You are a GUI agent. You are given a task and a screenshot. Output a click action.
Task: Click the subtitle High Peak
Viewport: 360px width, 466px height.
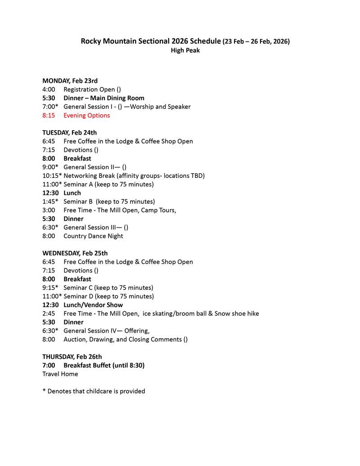[x=185, y=50]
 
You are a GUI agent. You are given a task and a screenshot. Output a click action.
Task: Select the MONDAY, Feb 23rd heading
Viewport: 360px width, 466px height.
[x=70, y=81]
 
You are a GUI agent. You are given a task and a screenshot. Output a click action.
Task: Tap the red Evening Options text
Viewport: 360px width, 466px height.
[x=86, y=115]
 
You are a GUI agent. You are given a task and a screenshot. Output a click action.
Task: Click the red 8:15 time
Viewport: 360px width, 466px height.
[x=49, y=115]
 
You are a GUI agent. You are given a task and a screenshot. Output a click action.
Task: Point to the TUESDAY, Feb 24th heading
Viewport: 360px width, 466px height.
[x=69, y=132]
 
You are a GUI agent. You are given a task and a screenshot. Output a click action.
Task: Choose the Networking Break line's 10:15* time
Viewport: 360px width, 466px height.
[x=52, y=176]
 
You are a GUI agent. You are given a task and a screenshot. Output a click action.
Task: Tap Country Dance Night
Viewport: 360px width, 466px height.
[x=93, y=236]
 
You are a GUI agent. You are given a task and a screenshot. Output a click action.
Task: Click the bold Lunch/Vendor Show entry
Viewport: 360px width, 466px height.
[x=93, y=305]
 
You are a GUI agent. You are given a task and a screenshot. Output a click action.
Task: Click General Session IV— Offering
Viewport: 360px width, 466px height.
[x=106, y=330]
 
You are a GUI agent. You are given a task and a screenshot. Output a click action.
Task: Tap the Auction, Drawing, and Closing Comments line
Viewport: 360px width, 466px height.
[x=126, y=339]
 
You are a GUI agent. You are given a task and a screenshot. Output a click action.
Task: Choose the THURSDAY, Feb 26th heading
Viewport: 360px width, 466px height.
[x=72, y=357]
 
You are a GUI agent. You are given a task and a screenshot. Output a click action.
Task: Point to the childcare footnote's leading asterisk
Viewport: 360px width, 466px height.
[x=44, y=391]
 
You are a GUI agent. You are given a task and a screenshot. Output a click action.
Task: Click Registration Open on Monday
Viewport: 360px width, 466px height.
[x=89, y=89]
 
